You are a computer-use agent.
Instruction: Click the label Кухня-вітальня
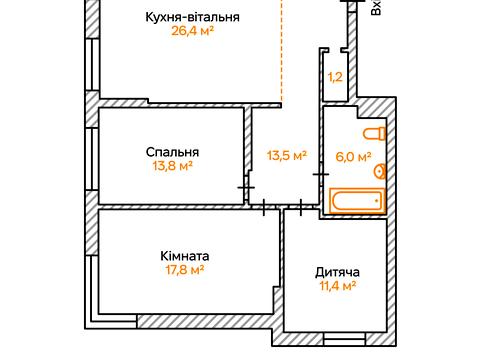coord(193,17)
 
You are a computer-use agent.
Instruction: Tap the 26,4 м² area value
coord(193,32)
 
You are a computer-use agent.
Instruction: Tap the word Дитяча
coord(336,272)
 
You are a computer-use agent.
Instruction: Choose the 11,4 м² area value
coord(336,287)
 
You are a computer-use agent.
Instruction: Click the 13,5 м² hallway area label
coord(286,155)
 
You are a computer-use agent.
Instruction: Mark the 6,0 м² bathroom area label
coord(352,157)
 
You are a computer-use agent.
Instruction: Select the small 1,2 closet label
coord(336,76)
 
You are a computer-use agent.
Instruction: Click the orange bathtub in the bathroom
coord(357,201)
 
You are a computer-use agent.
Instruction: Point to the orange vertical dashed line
coord(283,60)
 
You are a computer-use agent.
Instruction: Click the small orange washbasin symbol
coord(381,170)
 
